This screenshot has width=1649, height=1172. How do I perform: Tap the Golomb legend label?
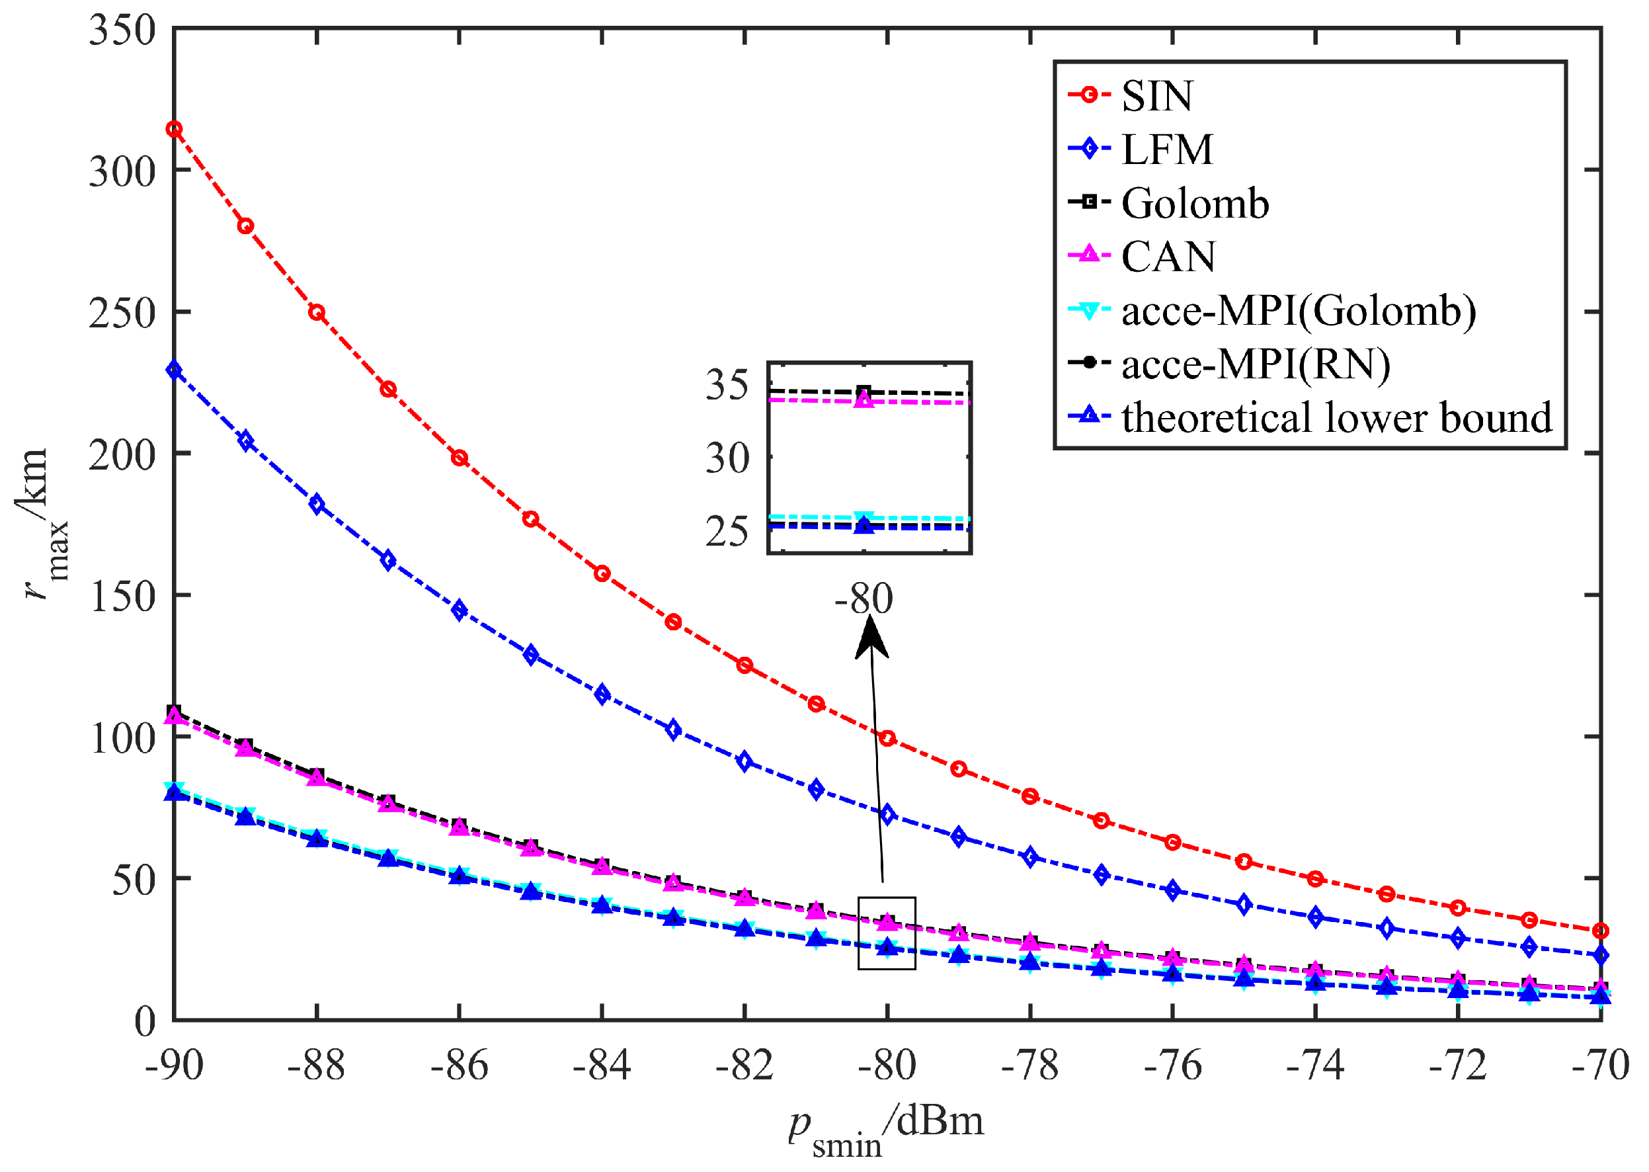[1195, 203]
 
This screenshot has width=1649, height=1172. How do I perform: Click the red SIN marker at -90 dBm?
[174, 129]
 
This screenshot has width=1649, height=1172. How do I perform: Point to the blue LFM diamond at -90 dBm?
[174, 370]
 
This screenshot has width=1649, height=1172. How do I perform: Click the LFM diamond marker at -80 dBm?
[887, 815]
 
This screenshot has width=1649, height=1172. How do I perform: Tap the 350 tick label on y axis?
[122, 30]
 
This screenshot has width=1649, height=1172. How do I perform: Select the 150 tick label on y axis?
[122, 597]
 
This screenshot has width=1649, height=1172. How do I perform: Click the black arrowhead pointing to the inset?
[871, 640]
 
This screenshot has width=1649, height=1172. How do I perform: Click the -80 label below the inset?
[864, 599]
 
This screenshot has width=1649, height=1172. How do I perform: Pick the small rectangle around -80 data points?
[887, 934]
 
